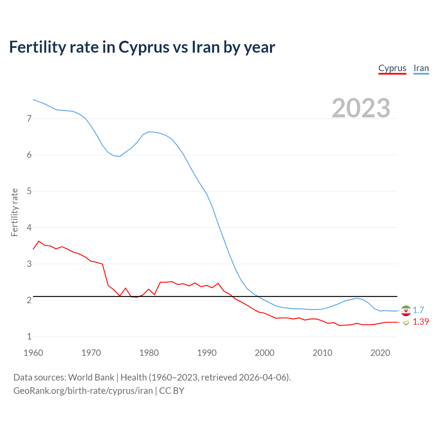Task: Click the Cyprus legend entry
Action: [x=392, y=68]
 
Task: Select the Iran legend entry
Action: [x=421, y=68]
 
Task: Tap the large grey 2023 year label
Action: [x=361, y=108]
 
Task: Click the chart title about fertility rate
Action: [x=142, y=47]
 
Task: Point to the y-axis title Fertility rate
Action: [x=14, y=212]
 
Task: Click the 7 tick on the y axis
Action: [x=29, y=119]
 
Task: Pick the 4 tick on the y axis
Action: [x=29, y=228]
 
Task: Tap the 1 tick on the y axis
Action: [x=29, y=336]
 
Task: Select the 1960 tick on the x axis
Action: [x=33, y=353]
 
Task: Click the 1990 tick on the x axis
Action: [x=207, y=353]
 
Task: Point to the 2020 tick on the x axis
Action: [x=380, y=353]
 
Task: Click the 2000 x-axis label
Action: [x=265, y=353]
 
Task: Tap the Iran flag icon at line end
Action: [x=406, y=311]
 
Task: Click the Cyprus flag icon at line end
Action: [x=406, y=322]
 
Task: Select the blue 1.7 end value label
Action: [x=418, y=310]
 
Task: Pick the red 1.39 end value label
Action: [x=421, y=322]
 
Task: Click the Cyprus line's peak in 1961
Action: [x=39, y=241]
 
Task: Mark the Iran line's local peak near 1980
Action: [x=149, y=132]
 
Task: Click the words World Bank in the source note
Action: [x=91, y=377]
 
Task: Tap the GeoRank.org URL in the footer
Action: [x=83, y=391]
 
